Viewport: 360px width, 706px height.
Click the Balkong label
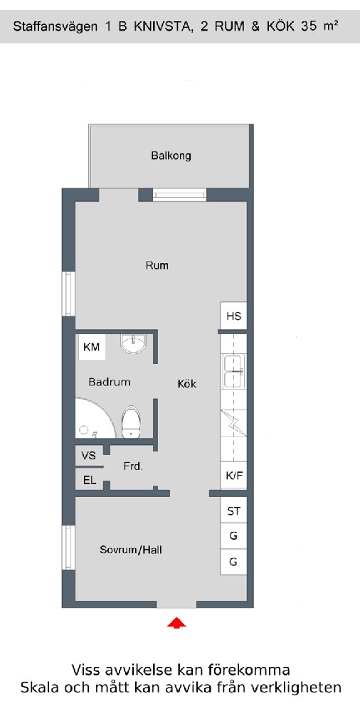(171, 156)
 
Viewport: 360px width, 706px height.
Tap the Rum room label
(157, 265)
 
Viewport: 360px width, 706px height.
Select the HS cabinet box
(234, 316)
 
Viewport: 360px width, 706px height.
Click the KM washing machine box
(92, 347)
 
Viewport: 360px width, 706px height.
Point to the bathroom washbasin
(134, 344)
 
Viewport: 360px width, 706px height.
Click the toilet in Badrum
(131, 422)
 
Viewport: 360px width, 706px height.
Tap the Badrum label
(110, 383)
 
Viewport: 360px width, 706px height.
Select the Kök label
(187, 384)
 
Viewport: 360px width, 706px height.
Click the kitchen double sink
(233, 371)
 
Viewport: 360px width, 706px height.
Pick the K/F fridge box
(233, 476)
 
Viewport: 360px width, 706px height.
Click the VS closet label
(89, 455)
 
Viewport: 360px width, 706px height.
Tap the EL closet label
(90, 481)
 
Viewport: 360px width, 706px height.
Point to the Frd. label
(133, 467)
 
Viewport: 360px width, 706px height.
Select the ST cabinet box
(233, 511)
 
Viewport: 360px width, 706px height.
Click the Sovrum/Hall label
(131, 550)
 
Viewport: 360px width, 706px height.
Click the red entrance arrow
(176, 623)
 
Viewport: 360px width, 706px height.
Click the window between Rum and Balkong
(179, 195)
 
